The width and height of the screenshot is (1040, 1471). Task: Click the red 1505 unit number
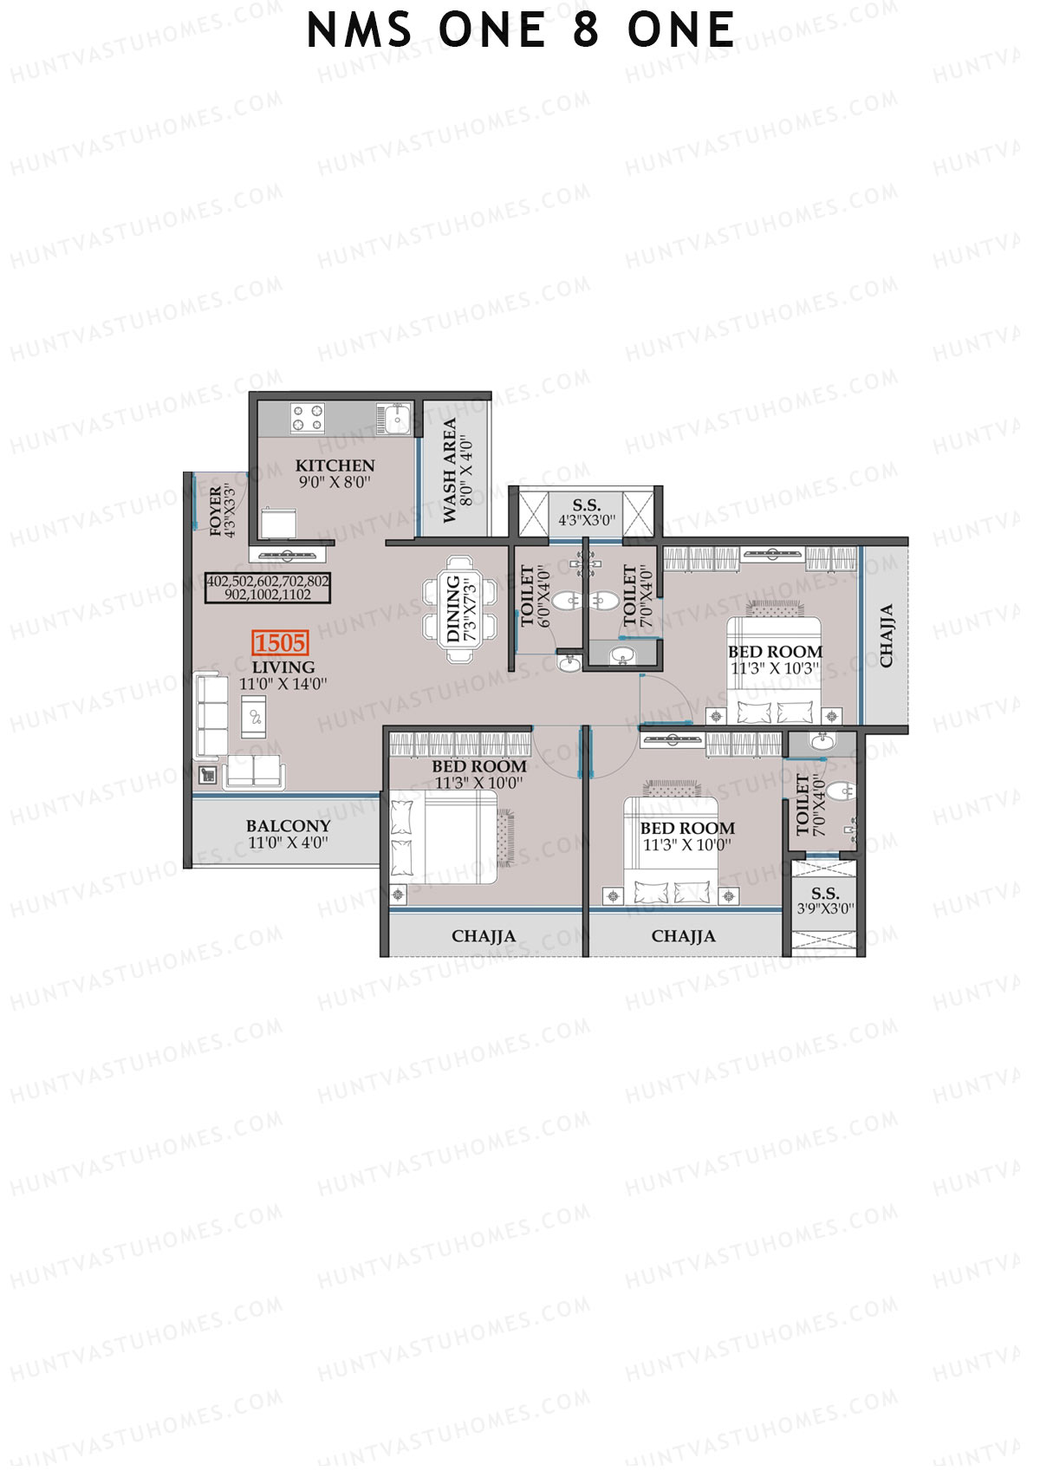(280, 643)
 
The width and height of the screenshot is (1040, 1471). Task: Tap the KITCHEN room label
(335, 465)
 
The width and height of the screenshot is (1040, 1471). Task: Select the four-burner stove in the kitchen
(308, 418)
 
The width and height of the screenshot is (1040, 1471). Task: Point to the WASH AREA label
(450, 471)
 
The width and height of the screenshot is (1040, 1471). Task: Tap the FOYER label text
(216, 511)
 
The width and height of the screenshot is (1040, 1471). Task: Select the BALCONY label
(288, 826)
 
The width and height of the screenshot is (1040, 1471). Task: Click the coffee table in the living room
(255, 716)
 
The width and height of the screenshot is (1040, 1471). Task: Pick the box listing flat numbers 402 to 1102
(268, 588)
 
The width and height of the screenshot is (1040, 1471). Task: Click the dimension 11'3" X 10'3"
(774, 668)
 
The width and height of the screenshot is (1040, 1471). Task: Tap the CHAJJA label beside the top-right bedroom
(886, 635)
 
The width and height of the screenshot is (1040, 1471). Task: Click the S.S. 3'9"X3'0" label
(824, 901)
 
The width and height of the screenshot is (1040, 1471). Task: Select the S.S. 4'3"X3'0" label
(587, 512)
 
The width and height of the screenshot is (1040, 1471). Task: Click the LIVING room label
(283, 667)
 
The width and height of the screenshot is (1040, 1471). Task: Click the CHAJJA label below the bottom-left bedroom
(483, 936)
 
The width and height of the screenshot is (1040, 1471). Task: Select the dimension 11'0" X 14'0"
(283, 684)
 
